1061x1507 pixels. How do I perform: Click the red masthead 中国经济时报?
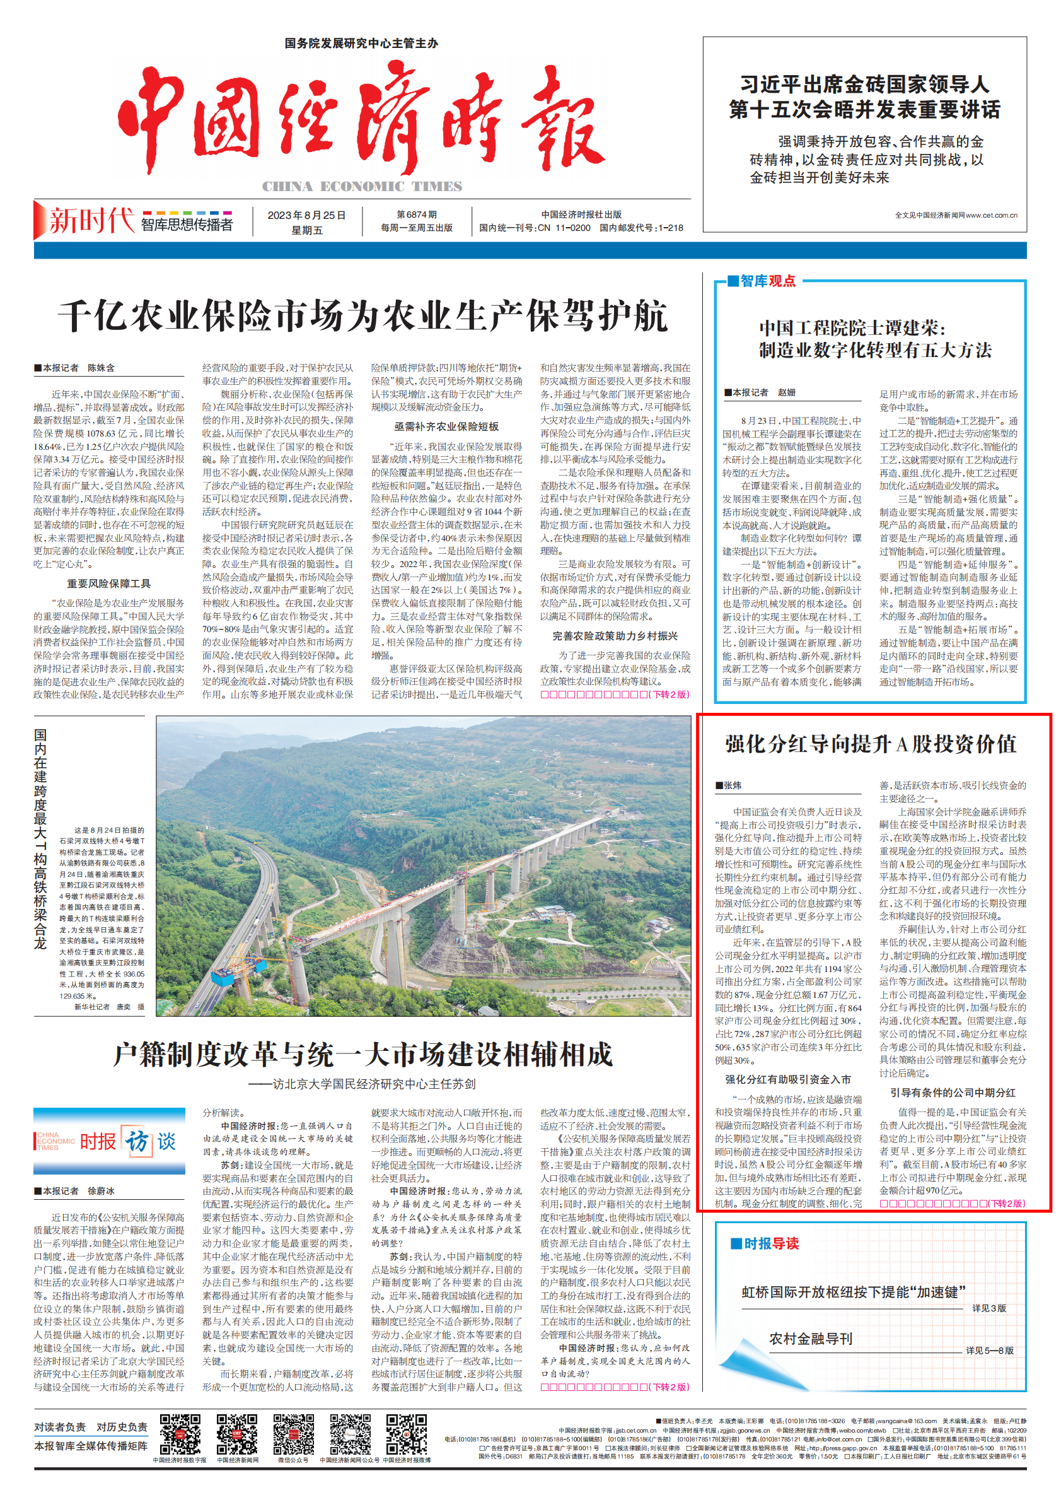pos(361,118)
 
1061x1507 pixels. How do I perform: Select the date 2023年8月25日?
pos(306,215)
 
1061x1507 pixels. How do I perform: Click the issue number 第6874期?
pos(416,214)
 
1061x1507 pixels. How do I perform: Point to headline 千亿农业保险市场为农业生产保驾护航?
pos(362,317)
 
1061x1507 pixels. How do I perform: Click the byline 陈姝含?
pos(101,368)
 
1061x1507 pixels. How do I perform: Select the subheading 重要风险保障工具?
pos(108,583)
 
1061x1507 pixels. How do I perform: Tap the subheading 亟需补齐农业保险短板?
pos(446,426)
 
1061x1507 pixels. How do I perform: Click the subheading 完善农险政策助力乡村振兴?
pos(615,636)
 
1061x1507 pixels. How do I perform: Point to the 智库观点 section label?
pos(767,281)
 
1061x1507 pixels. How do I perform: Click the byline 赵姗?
pos(786,392)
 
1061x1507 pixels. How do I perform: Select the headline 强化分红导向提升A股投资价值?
pos(871,744)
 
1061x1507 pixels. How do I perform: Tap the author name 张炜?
pos(733,785)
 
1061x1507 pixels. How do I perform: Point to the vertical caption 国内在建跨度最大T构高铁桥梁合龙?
pos(41,840)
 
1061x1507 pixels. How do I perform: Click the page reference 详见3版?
pos(989,1308)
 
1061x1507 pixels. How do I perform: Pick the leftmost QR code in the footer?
pos(180,1435)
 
